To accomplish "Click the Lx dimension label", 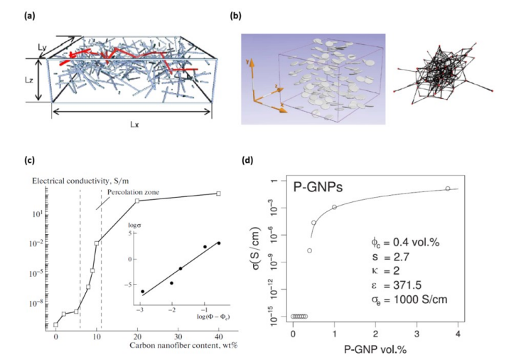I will click(x=134, y=124).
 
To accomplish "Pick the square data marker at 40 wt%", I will click(x=219, y=193).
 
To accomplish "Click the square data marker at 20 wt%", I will click(x=138, y=201).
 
